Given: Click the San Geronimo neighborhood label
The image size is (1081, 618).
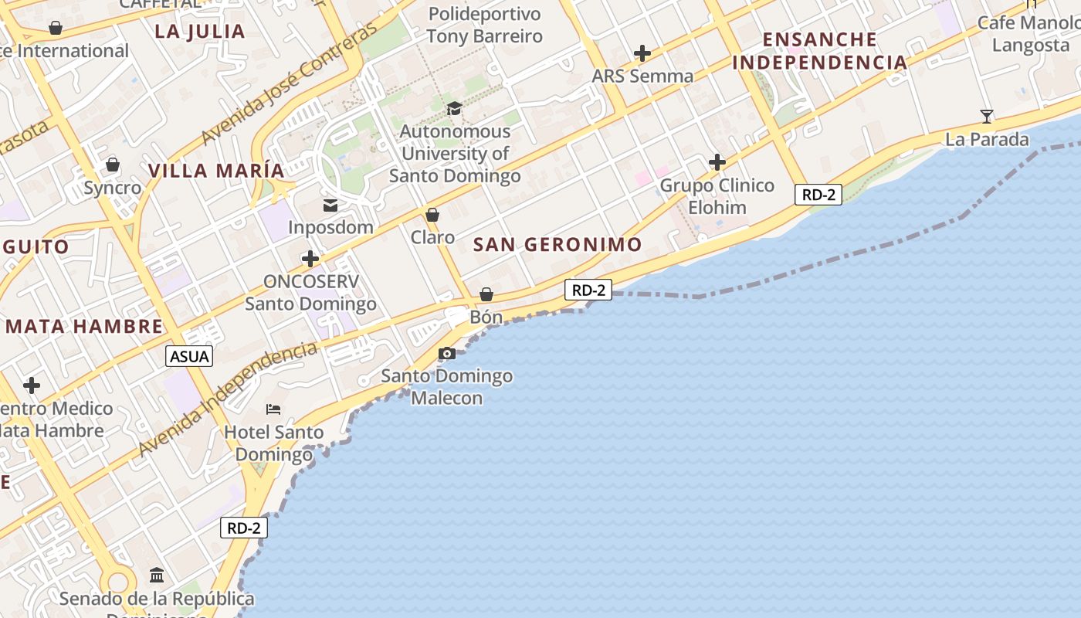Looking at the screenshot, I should (557, 245).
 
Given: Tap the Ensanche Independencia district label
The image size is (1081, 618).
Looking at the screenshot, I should (819, 51).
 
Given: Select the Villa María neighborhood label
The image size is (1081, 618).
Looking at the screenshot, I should (216, 171).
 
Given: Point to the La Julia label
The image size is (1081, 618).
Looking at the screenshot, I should (200, 32).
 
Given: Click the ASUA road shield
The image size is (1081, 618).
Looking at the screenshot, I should (189, 356).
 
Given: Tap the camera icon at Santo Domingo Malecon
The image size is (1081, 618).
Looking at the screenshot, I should (446, 354).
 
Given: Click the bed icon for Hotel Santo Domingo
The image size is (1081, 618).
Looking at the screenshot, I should (273, 409).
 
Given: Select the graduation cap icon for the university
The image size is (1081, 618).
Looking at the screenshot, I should (454, 109).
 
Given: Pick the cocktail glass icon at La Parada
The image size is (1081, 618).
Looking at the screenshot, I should (987, 117).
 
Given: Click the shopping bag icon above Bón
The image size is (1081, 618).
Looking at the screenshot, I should (486, 294).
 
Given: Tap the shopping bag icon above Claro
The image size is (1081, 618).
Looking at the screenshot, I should (432, 215).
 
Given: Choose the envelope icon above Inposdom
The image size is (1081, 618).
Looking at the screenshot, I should (330, 205).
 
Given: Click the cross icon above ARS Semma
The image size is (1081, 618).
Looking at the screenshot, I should (642, 53).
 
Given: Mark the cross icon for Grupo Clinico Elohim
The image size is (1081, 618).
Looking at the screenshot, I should (717, 162).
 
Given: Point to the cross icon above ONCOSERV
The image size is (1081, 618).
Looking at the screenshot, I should (310, 259).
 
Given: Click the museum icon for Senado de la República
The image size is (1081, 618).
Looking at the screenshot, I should (157, 576).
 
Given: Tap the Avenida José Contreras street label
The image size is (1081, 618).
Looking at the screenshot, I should (289, 84).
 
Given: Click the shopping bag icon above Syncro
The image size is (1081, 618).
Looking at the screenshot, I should (113, 165).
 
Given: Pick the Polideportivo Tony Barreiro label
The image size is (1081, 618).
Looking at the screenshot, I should (484, 25).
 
